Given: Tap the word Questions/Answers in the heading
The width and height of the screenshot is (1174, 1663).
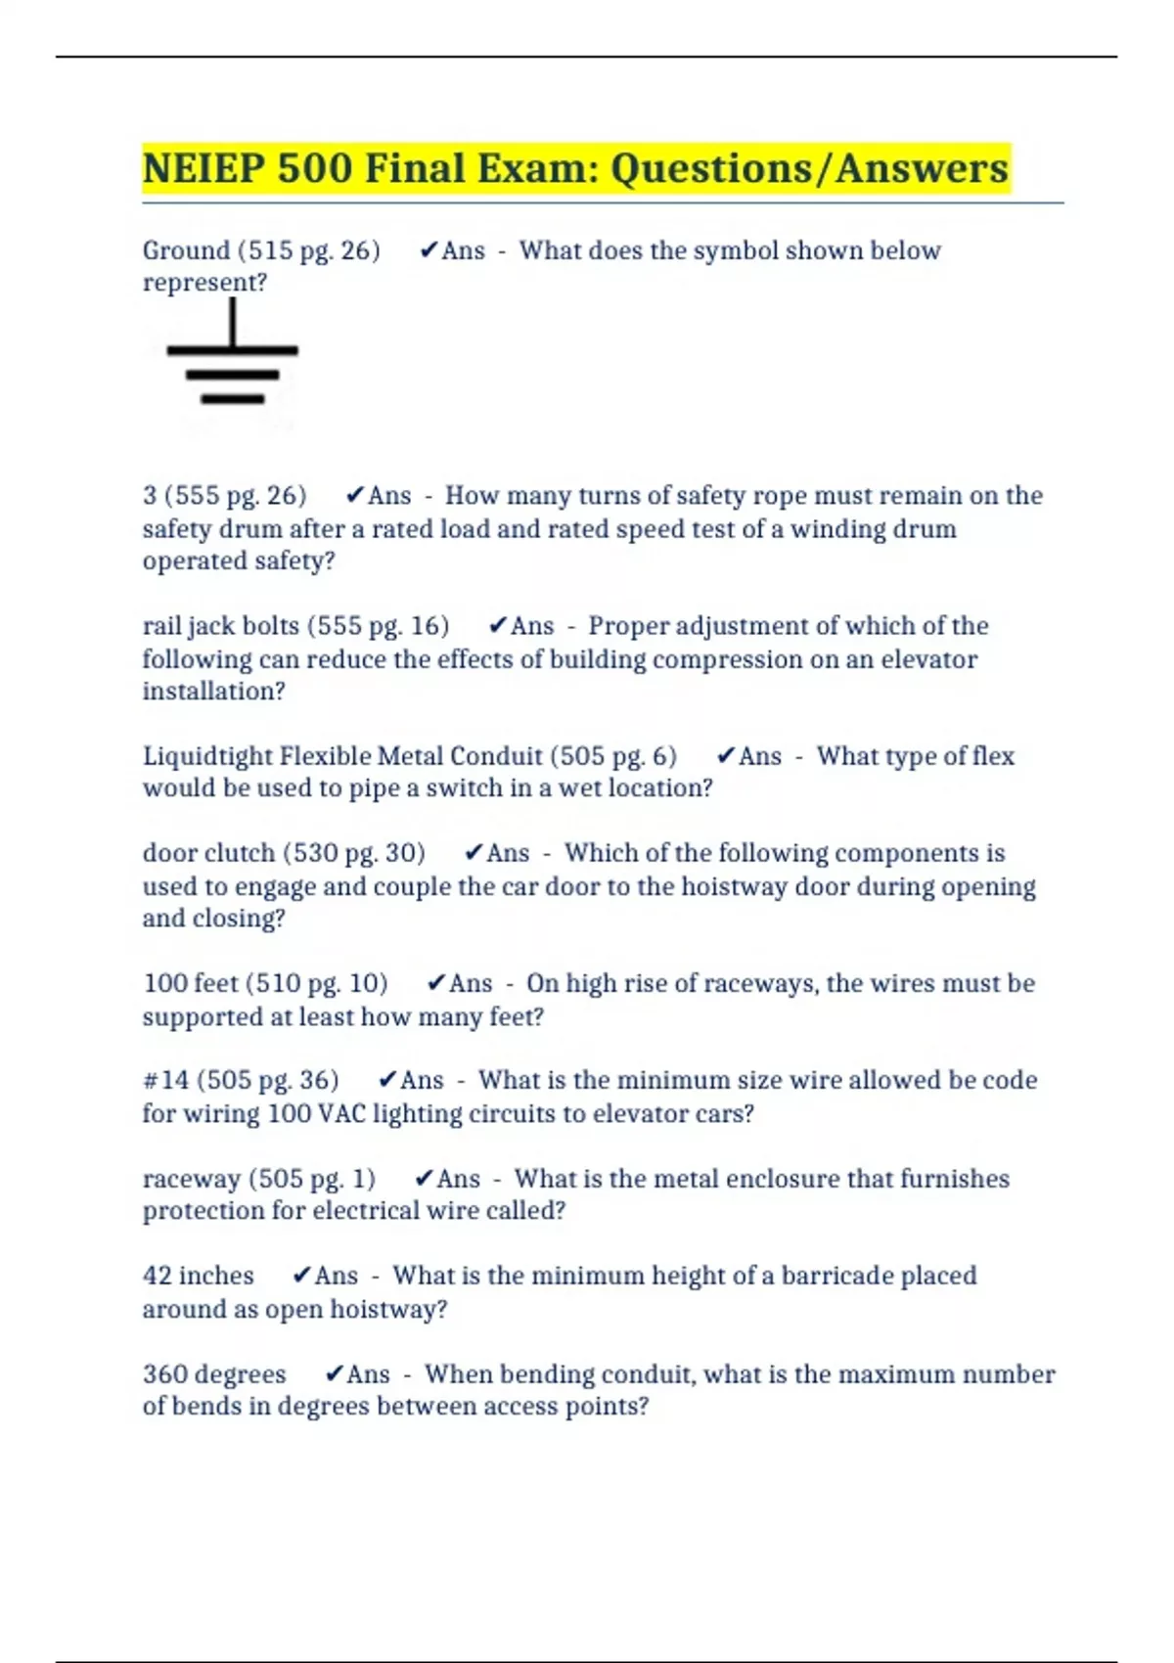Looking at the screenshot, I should pyautogui.click(x=809, y=168).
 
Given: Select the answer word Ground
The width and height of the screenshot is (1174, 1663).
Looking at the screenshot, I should pyautogui.click(x=186, y=250).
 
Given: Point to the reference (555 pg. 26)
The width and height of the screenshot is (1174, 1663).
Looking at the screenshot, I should pyautogui.click(x=241, y=496).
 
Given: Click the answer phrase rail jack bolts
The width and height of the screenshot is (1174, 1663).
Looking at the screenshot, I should pyautogui.click(x=220, y=626).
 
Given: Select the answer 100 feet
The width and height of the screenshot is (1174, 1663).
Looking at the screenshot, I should pyautogui.click(x=191, y=983).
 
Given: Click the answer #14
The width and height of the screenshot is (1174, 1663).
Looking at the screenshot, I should pyautogui.click(x=165, y=1080).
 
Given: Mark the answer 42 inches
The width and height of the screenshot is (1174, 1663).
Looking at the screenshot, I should pyautogui.click(x=198, y=1276).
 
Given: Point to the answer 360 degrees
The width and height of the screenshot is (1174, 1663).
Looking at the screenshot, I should pyautogui.click(x=214, y=1374).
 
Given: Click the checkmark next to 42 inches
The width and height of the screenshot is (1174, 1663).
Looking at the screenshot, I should pyautogui.click(x=302, y=1276).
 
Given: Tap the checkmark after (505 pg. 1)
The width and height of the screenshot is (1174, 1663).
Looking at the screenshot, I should pyautogui.click(x=425, y=1179).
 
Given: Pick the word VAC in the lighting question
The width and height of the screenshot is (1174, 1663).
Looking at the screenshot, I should pyautogui.click(x=342, y=1113).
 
